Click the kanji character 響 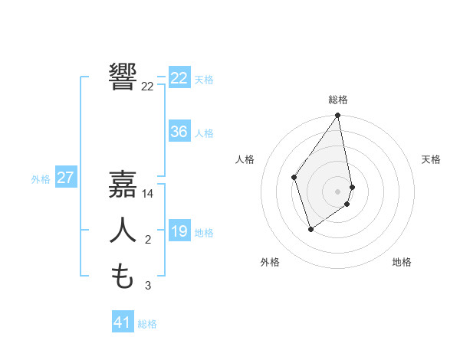[123, 77]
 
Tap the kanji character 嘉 [123, 185]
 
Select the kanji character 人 [123, 231]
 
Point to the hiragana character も [123, 276]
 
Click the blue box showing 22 [179, 78]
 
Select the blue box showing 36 [179, 132]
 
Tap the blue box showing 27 [65, 178]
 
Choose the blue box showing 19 [179, 231]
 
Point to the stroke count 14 [148, 195]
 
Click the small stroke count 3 [148, 286]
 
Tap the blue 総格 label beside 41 [147, 324]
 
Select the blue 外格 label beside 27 [41, 179]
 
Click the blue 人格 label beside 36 [204, 133]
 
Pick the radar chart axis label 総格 [338, 100]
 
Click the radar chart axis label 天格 [432, 159]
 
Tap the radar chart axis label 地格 [402, 262]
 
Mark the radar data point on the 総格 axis [338, 116]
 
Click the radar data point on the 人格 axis [294, 177]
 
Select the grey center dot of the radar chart [338, 191]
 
